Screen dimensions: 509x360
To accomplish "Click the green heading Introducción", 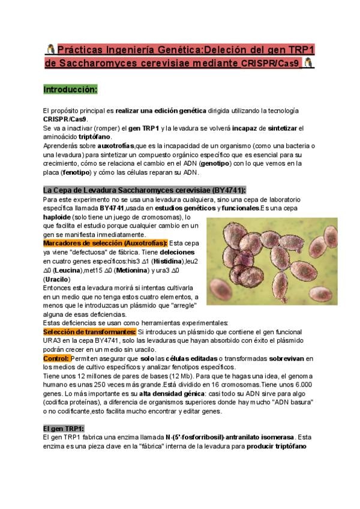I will (70, 89).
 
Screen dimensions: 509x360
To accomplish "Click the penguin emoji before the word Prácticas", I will (50, 47).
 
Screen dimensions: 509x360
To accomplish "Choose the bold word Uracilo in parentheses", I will (57, 279).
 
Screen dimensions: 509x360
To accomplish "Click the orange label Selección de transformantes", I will (89, 332).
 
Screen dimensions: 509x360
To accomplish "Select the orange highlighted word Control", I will (56, 358).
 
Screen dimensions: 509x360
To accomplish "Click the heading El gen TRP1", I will (64, 428).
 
